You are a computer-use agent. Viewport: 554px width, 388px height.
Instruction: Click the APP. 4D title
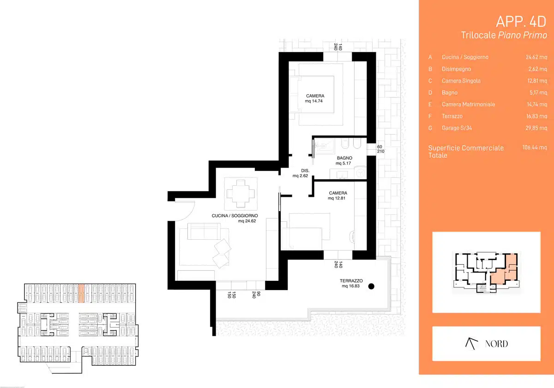coord(521,22)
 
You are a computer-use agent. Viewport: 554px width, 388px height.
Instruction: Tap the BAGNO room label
coord(344,158)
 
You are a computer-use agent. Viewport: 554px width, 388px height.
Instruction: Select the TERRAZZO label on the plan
coord(351,281)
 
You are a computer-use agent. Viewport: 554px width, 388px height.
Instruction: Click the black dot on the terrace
coord(371,286)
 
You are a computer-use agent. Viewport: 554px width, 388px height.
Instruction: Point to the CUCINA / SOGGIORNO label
coord(235,216)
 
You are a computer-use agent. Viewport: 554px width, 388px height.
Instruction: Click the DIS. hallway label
coord(305,170)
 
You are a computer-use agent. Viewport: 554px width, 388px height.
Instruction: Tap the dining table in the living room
coord(241,194)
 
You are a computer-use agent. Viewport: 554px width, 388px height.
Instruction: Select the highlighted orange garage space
coord(81,293)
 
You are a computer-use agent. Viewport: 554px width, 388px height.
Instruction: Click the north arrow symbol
coord(471,344)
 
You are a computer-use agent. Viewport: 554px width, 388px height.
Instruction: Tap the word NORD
coord(496,344)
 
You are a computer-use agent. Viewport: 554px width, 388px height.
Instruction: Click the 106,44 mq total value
coord(535,147)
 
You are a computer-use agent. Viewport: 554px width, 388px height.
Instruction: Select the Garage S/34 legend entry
coord(457,128)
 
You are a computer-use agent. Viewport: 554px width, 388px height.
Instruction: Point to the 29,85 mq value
coord(536,128)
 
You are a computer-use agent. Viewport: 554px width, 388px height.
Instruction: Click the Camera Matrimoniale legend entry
coord(468,104)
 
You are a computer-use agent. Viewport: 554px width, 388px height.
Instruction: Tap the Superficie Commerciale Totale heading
coord(466,152)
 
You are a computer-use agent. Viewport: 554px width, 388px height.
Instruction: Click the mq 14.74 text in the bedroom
coord(313,101)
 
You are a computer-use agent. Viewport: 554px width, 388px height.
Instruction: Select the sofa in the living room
coord(204,231)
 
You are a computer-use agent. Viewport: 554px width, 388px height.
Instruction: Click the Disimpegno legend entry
coord(456,69)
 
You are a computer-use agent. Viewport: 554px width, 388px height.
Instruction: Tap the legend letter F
coord(430,116)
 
